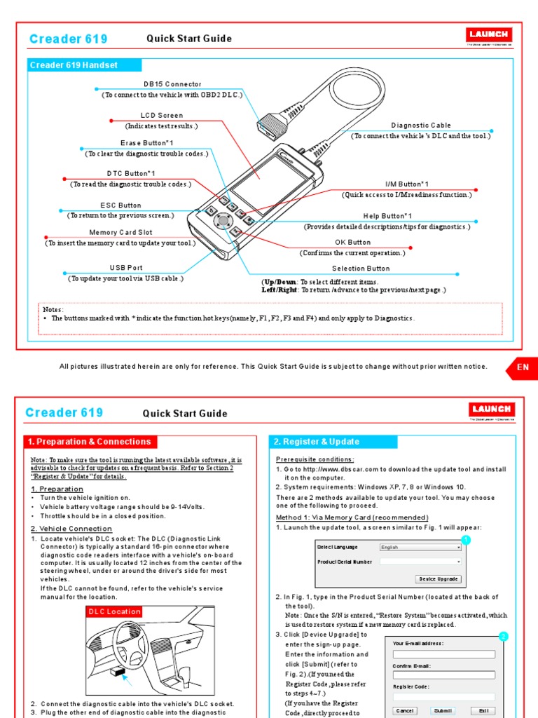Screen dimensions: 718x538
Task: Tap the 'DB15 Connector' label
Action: click(172, 84)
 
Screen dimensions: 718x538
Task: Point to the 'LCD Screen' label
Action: click(161, 116)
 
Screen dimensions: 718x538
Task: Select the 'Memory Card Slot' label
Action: click(120, 233)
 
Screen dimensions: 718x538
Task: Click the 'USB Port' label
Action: click(125, 268)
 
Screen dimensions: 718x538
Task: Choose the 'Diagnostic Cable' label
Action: click(420, 126)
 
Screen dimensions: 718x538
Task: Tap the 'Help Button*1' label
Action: click(387, 216)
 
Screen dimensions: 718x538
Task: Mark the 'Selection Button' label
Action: click(360, 269)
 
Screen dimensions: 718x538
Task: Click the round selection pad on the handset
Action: click(223, 221)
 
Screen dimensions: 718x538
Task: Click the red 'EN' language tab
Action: click(523, 367)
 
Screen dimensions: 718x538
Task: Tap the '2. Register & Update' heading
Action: click(317, 442)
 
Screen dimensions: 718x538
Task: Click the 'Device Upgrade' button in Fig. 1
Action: click(439, 579)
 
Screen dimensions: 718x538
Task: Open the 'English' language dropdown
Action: click(420, 547)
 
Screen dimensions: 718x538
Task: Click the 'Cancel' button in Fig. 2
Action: click(405, 710)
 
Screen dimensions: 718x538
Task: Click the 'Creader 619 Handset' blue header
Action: click(74, 65)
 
